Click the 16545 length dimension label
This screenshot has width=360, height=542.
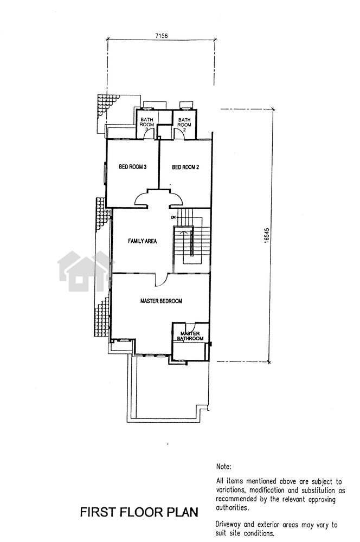click(x=266, y=236)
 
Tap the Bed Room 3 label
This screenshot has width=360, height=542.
click(x=133, y=167)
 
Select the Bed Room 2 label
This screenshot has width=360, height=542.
click(x=185, y=167)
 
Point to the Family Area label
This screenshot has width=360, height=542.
click(x=142, y=241)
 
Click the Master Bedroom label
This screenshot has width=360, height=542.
click(x=161, y=301)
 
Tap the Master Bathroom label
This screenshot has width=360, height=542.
click(x=190, y=336)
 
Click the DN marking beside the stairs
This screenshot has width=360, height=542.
click(x=173, y=217)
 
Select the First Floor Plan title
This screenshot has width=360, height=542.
click(x=139, y=512)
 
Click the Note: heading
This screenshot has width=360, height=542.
click(x=223, y=467)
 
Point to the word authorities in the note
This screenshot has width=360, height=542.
click(x=232, y=508)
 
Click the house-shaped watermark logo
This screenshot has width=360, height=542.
click(x=85, y=272)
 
